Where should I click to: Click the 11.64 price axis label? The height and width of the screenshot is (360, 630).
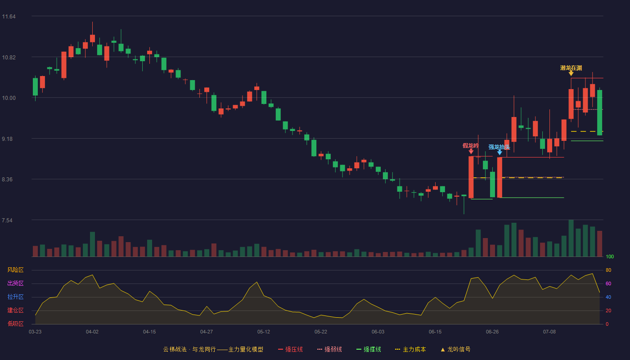click(x=9, y=17)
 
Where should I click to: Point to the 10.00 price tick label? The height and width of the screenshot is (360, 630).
click(x=9, y=98)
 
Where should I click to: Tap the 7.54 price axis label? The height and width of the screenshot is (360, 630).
click(x=7, y=220)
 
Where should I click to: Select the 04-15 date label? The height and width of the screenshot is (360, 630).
click(x=149, y=332)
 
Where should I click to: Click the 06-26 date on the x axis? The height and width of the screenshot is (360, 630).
click(x=492, y=332)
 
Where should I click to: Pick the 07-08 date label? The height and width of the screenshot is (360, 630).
click(x=549, y=332)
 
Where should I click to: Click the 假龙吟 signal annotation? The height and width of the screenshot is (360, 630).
click(x=471, y=146)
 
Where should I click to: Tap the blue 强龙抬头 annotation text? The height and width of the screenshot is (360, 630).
click(x=499, y=147)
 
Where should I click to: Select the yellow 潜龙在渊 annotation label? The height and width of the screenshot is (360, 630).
click(x=571, y=68)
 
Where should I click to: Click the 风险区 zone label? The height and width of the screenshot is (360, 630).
click(x=15, y=270)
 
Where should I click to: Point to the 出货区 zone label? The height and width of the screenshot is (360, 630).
click(x=15, y=283)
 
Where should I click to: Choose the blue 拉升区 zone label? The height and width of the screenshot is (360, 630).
click(x=15, y=297)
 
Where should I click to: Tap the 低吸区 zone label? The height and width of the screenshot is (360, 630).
click(x=15, y=324)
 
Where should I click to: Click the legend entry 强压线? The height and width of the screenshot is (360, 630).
click(x=290, y=349)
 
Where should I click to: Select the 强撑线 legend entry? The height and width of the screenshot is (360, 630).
click(x=369, y=349)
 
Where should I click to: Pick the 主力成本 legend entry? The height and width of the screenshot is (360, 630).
click(x=410, y=349)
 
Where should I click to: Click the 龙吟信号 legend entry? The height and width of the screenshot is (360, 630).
click(x=455, y=349)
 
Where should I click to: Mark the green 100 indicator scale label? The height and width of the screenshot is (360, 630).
click(x=610, y=256)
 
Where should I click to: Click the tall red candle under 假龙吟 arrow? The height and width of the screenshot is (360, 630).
click(x=471, y=177)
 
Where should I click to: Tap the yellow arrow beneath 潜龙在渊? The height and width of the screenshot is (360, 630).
click(x=571, y=73)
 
